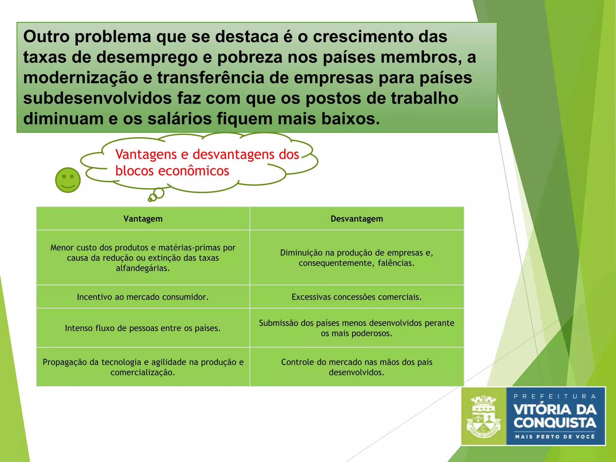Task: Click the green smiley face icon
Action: pos(68,180)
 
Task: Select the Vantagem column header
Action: pos(143,219)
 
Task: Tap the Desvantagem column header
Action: pos(357,219)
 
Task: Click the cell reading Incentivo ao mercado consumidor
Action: pos(143,297)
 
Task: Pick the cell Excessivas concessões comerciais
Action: pos(357,297)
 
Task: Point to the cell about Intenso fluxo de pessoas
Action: pos(143,328)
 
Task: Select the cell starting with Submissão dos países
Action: pos(357,328)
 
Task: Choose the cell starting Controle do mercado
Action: pos(357,367)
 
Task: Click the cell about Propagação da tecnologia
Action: pos(143,367)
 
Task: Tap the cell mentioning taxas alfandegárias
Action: pos(143,258)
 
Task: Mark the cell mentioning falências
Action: pos(357,258)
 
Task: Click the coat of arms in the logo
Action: pos(483,416)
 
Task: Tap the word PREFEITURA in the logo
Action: pos(555,396)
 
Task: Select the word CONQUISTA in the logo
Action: pos(555,423)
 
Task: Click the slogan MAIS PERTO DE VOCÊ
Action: pos(555,436)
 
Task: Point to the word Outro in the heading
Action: pos(46,37)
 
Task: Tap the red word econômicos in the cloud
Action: pos(193,171)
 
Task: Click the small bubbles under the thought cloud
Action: pos(156,195)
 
